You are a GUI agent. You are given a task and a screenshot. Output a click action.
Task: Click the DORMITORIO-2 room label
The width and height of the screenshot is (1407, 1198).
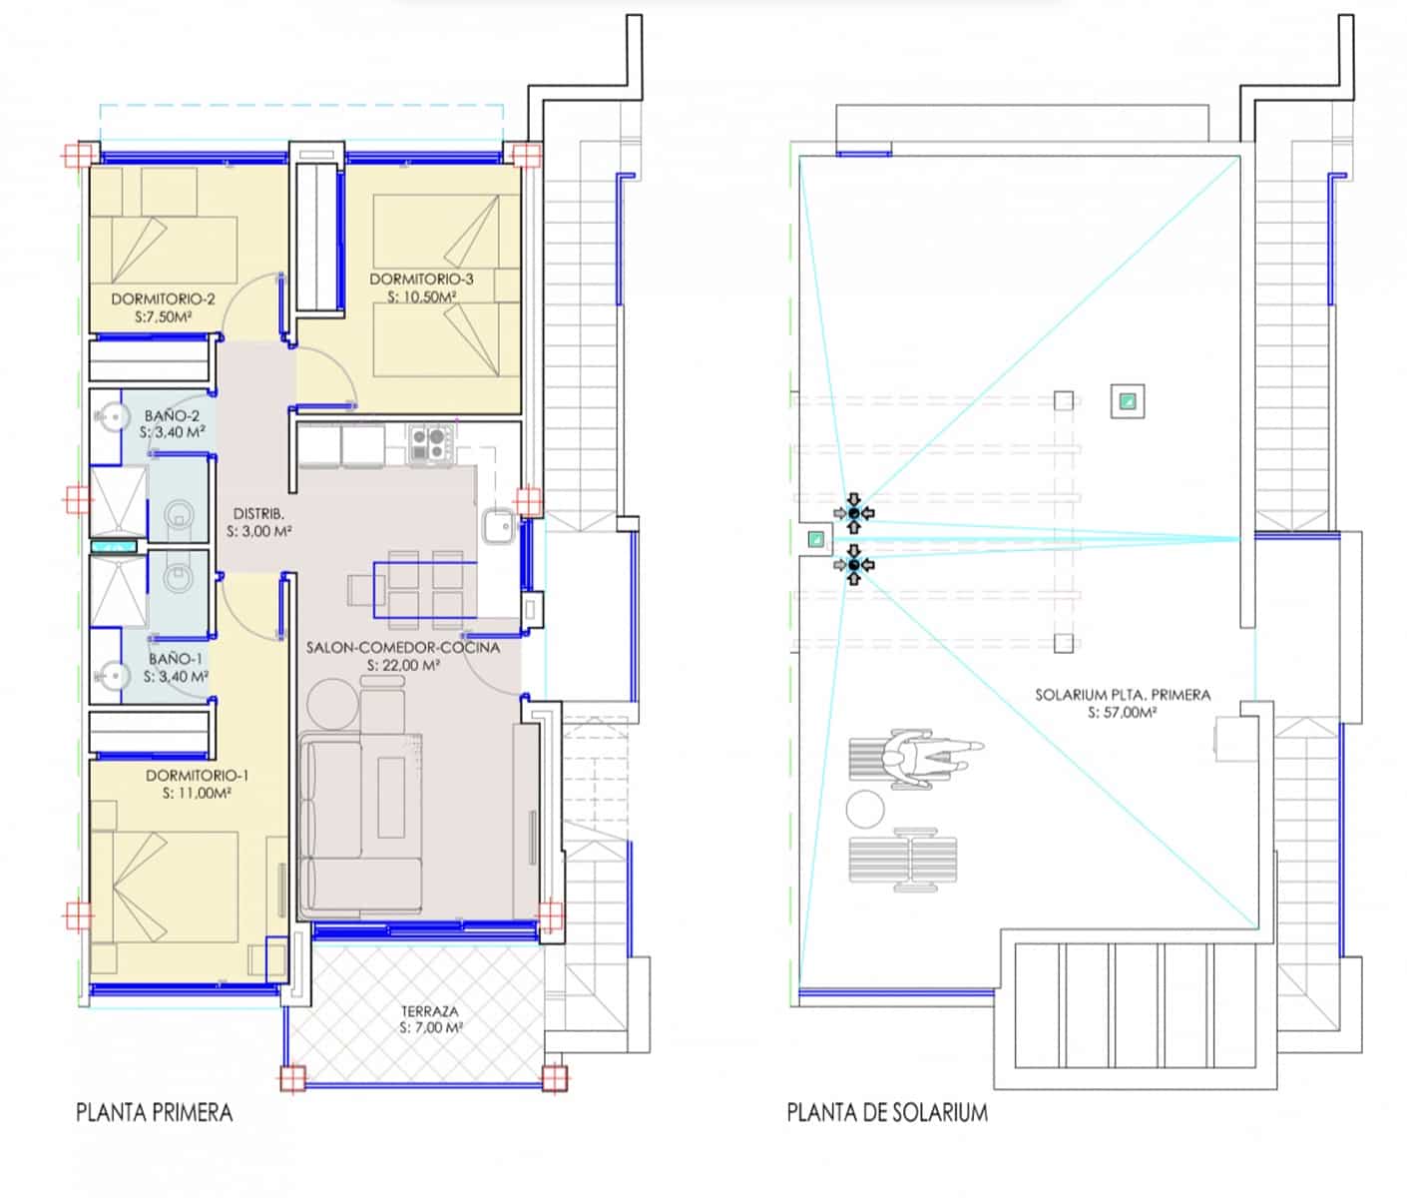click(163, 299)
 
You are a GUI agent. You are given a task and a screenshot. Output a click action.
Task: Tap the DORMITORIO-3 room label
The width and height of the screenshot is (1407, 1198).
click(421, 279)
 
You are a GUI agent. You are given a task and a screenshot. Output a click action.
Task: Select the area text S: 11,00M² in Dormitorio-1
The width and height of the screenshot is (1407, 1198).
click(197, 794)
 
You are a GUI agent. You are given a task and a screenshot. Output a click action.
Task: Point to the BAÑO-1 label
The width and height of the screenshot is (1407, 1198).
click(176, 659)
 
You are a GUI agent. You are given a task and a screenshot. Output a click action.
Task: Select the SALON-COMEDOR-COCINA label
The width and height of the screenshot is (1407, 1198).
click(403, 647)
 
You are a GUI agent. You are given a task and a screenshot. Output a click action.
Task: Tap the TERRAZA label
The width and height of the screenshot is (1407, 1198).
click(430, 1010)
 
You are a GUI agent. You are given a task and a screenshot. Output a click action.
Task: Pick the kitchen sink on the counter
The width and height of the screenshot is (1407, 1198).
click(498, 525)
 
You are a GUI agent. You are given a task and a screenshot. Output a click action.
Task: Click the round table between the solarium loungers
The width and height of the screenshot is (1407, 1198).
click(864, 808)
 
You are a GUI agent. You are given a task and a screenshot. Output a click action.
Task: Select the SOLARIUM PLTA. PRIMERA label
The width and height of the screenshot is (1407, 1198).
click(1122, 695)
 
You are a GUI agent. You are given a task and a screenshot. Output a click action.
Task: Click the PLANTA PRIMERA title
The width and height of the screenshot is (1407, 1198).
click(154, 1112)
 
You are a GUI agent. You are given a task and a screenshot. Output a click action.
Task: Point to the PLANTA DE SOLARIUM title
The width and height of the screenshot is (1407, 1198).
click(887, 1112)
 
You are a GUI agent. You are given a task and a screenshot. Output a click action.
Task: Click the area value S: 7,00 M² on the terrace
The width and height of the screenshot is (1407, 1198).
click(430, 1027)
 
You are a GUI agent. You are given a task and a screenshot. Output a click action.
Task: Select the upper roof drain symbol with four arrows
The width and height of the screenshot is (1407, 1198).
click(853, 513)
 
